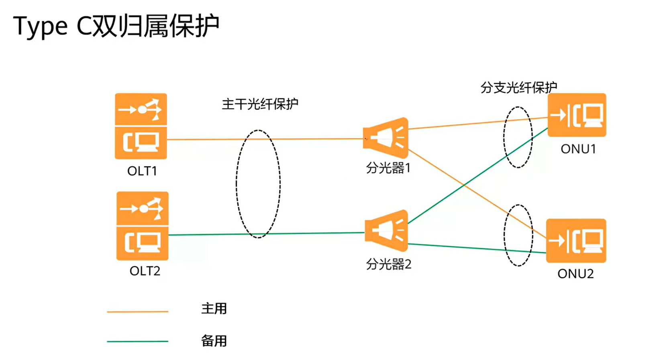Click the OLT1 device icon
pos(141,126)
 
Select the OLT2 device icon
pos(142,226)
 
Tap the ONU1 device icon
pos(577,115)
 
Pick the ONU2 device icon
pos(576,240)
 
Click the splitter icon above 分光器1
pos(386,138)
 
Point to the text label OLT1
pos(142,171)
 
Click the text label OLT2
pos(145,271)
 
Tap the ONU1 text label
pos(578,149)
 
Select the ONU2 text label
pos(575,274)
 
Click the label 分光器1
pos(388,168)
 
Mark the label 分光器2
pos(388,264)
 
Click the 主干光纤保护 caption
pos(260,104)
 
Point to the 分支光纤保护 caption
pos(518,87)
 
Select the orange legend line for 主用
pos(137,311)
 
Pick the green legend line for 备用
pos(137,342)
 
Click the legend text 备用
pos(214,341)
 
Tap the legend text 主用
pos(214,309)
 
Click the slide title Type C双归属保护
pos(116,26)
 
